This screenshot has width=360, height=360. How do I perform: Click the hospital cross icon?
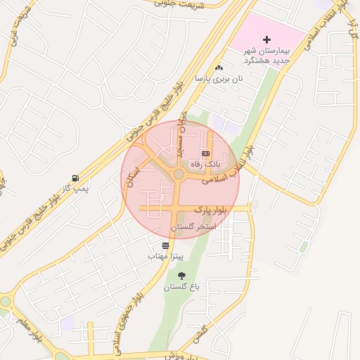coord(266,39)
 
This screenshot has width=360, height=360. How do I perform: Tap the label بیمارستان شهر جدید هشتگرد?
coord(266,55)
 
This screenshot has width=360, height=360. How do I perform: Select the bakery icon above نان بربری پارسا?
coord(219,68)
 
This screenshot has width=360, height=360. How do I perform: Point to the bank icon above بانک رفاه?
coord(205,153)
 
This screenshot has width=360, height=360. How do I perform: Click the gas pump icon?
coord(75,178)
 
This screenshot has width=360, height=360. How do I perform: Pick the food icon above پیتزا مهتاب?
coord(165,245)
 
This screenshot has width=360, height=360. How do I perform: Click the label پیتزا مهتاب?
coord(165,257)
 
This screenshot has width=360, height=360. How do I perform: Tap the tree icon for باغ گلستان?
coord(183,276)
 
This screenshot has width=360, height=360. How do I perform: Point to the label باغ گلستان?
coord(182,288)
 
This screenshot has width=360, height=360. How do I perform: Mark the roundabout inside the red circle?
coord(178,174)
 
